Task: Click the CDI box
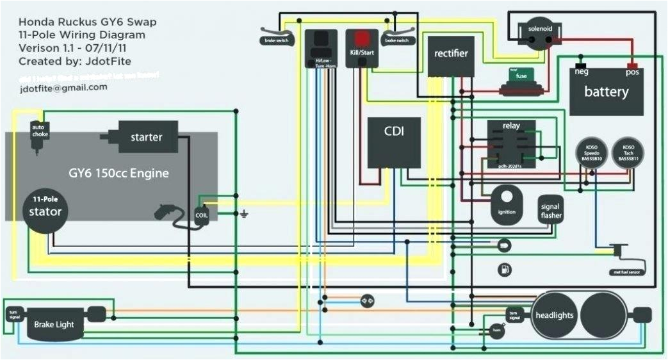click(x=393, y=142)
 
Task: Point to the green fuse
click(x=521, y=76)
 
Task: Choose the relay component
click(x=511, y=144)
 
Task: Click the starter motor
click(x=147, y=137)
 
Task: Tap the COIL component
click(x=201, y=215)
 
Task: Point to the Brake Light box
click(x=54, y=324)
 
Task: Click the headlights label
click(x=554, y=315)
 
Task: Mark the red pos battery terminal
click(x=632, y=67)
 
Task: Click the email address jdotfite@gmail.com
click(x=63, y=88)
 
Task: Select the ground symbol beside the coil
click(x=243, y=213)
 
